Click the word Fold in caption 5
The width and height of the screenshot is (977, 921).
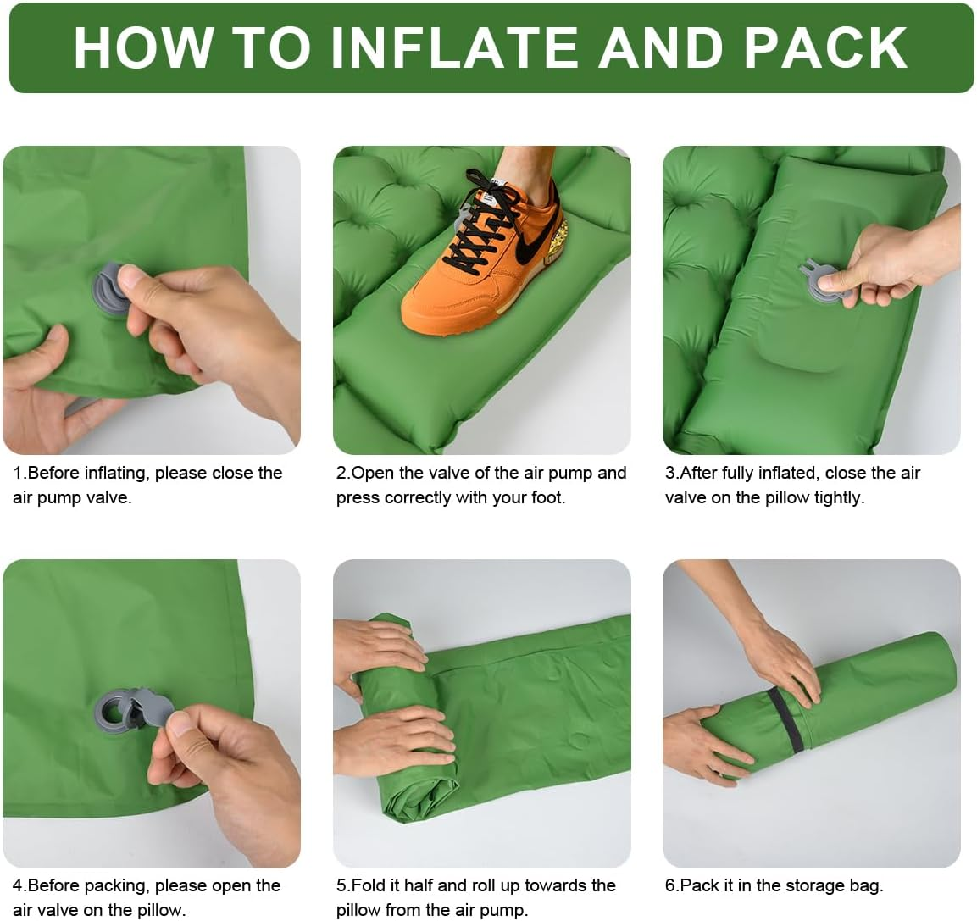(369, 885)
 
